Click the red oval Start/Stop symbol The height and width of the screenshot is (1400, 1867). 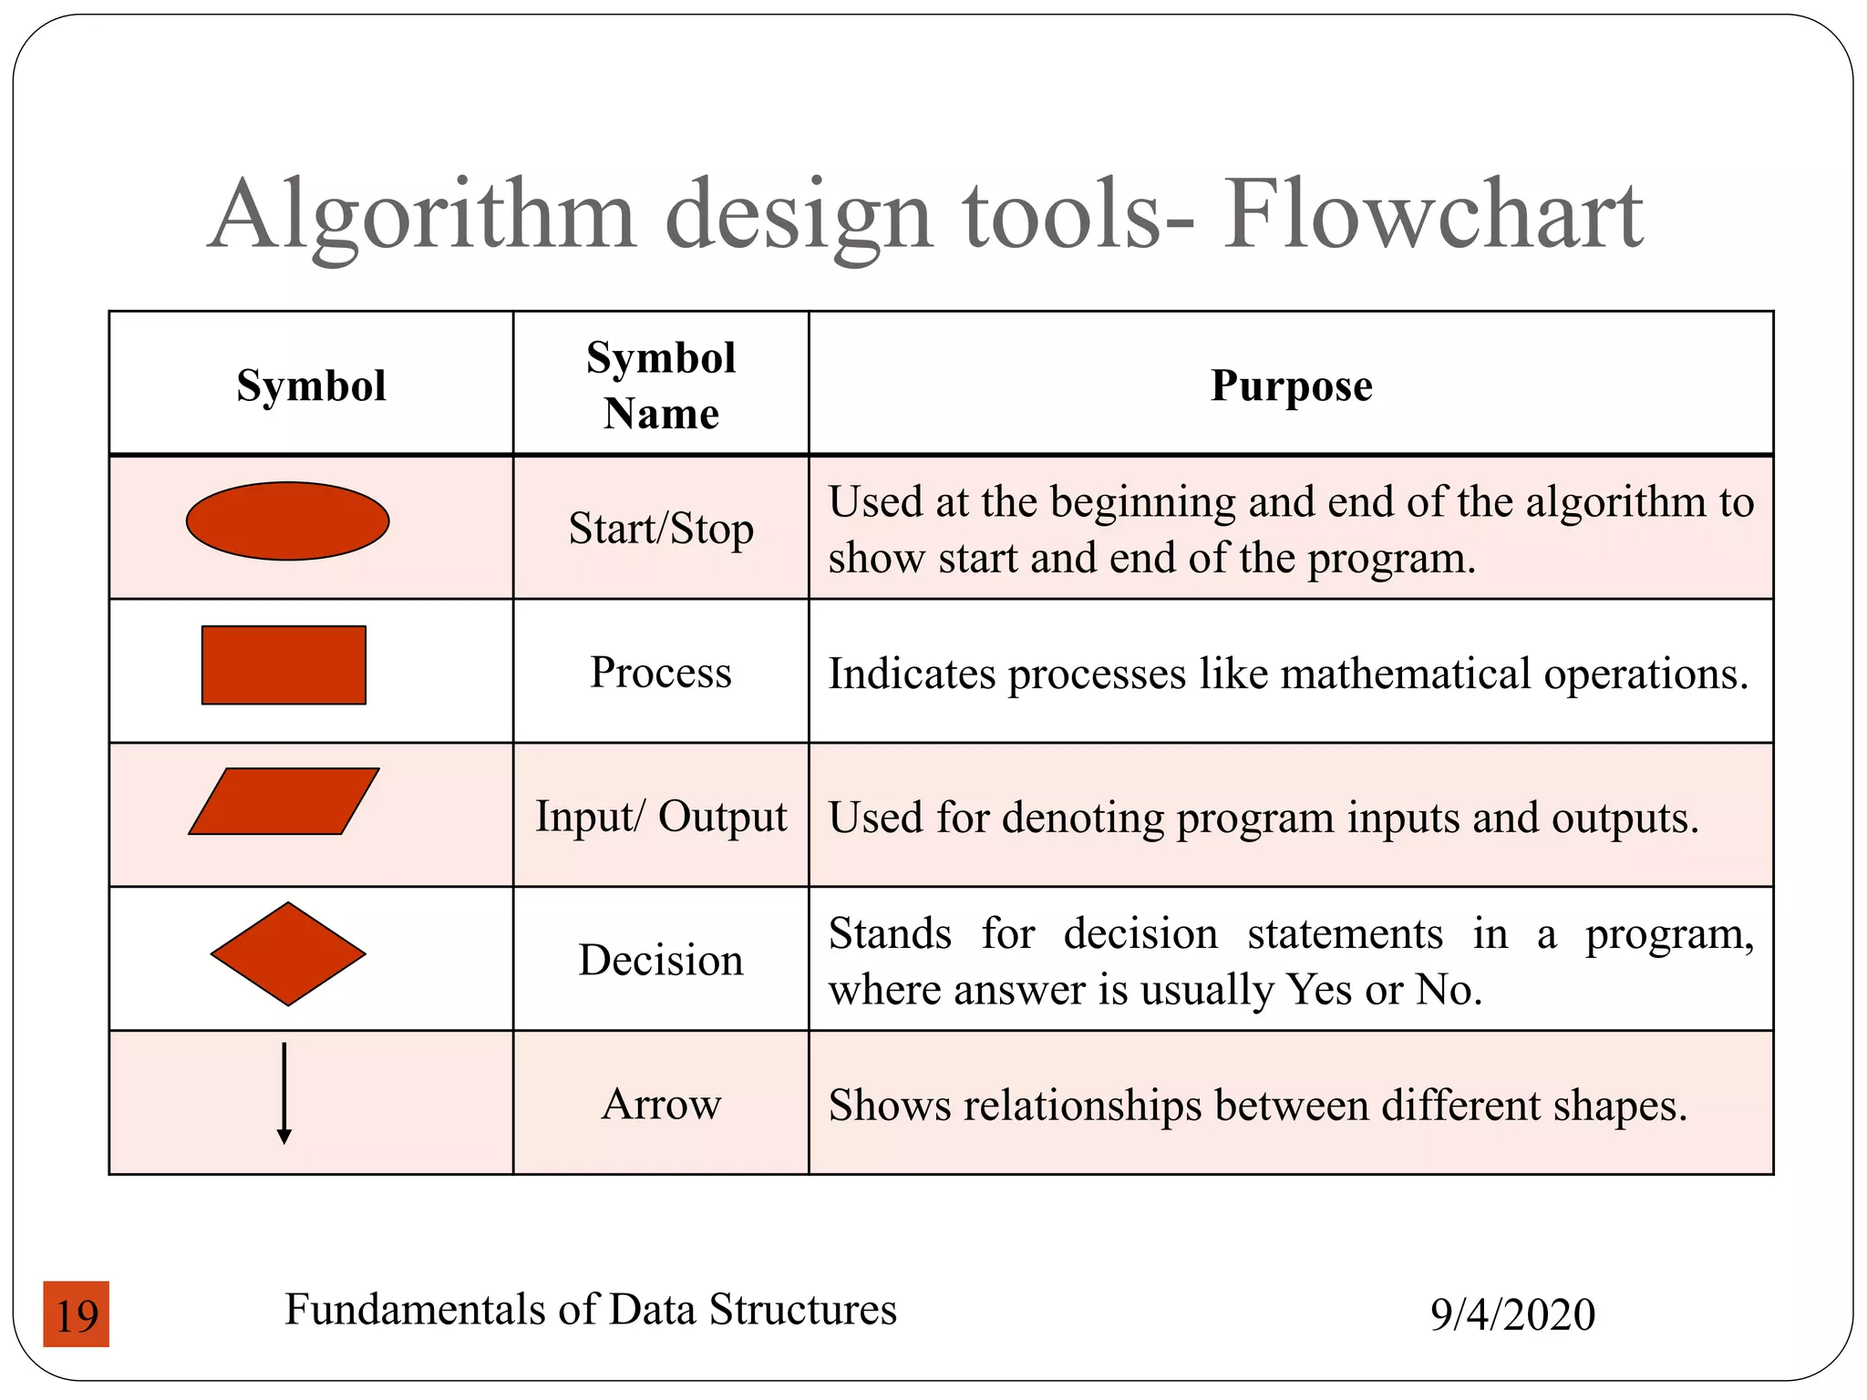click(287, 520)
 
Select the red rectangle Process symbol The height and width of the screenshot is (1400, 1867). click(284, 664)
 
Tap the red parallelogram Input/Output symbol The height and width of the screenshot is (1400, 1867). click(284, 801)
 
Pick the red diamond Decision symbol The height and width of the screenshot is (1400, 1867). click(288, 953)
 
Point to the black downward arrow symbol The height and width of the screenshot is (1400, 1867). click(284, 1094)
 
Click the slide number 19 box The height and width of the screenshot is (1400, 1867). click(77, 1314)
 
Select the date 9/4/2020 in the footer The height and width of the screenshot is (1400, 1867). click(1512, 1314)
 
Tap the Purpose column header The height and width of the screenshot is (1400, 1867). click(1291, 385)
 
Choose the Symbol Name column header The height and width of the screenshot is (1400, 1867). click(661, 385)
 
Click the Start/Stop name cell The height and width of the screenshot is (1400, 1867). click(661, 529)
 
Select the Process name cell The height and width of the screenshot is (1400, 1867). click(661, 673)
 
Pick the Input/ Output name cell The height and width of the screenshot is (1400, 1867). click(661, 816)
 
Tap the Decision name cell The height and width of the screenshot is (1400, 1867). click(661, 960)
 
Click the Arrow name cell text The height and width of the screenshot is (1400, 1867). click(661, 1104)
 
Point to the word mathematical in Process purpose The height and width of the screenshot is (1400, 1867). click(1405, 674)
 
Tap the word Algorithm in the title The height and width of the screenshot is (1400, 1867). click(421, 217)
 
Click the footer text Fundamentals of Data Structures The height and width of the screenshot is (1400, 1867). click(591, 1309)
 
